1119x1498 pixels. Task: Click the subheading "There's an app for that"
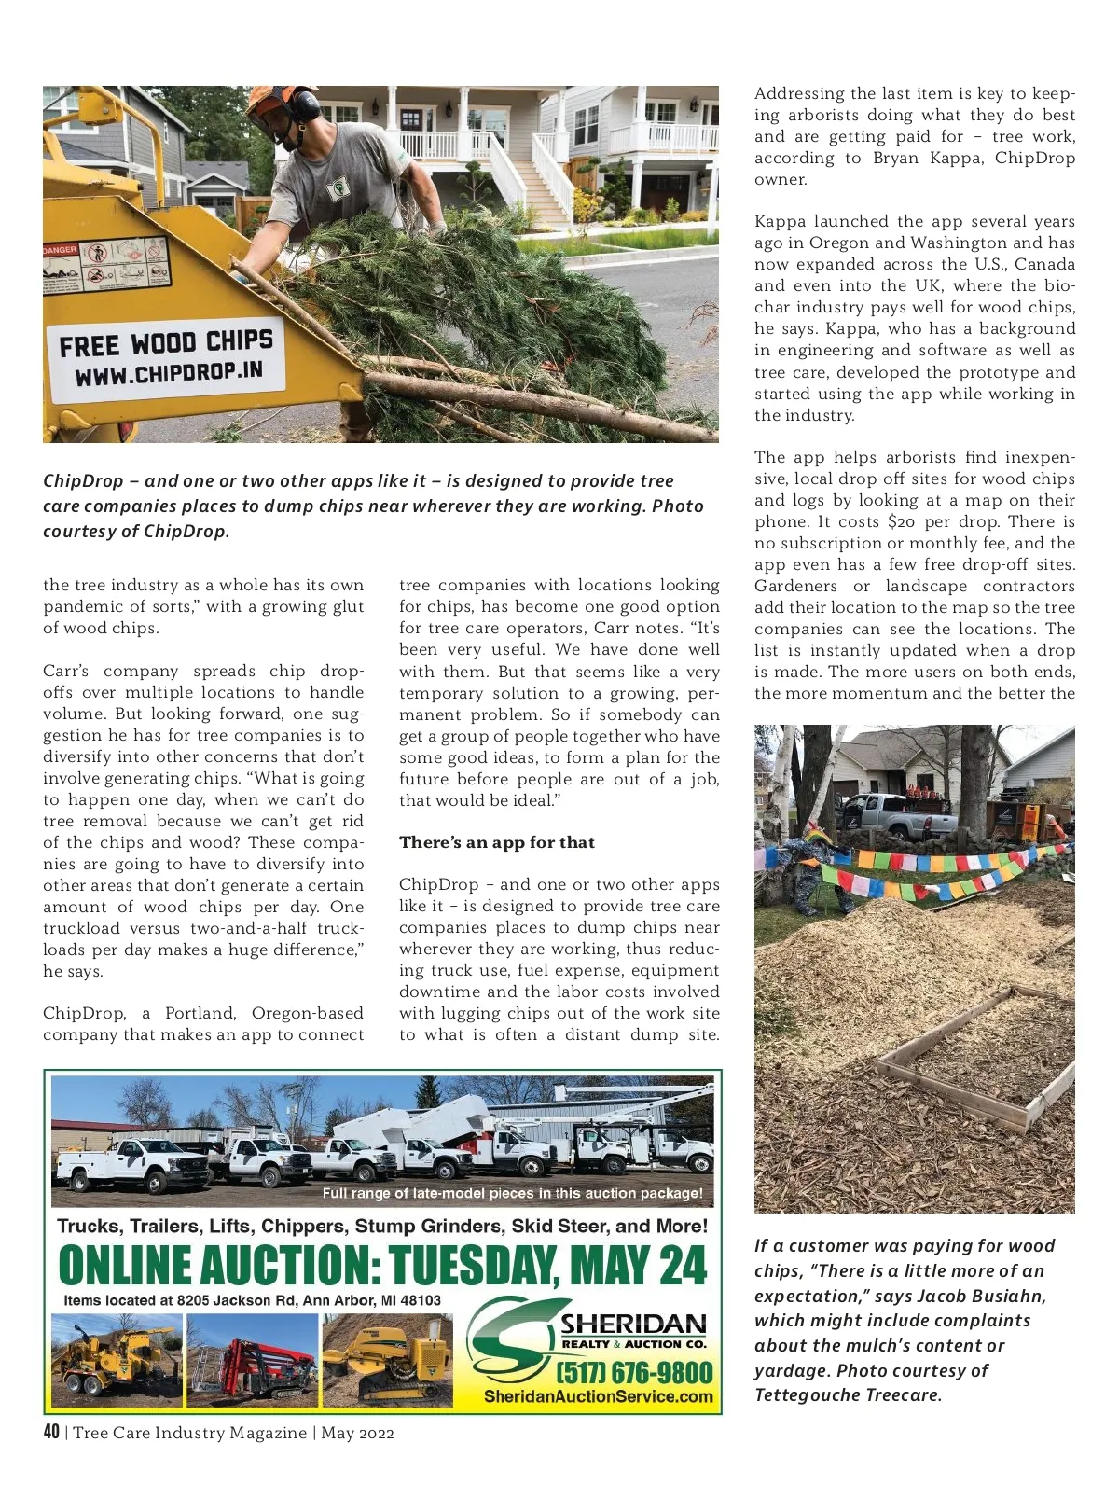(497, 842)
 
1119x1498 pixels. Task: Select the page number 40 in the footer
(51, 1432)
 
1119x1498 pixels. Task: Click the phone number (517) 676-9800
(635, 1372)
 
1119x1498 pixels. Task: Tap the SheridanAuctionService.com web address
(598, 1396)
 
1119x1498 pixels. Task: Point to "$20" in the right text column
(902, 521)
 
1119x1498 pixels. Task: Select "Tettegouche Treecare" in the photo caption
(848, 1395)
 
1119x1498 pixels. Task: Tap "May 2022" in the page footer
(357, 1433)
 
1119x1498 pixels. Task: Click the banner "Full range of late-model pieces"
(512, 1193)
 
